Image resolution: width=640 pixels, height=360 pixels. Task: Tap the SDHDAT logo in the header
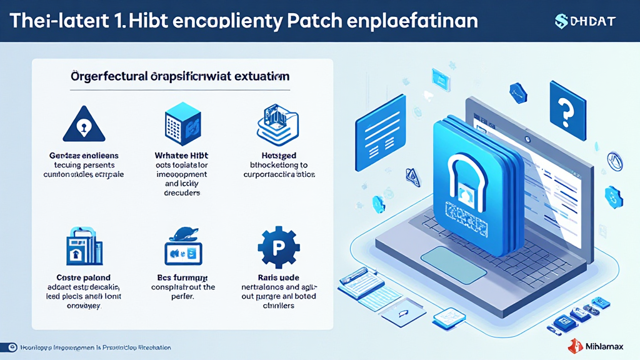[x=585, y=21]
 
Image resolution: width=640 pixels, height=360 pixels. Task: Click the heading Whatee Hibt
[x=181, y=155]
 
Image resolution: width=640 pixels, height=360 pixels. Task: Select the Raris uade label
[x=278, y=277]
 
